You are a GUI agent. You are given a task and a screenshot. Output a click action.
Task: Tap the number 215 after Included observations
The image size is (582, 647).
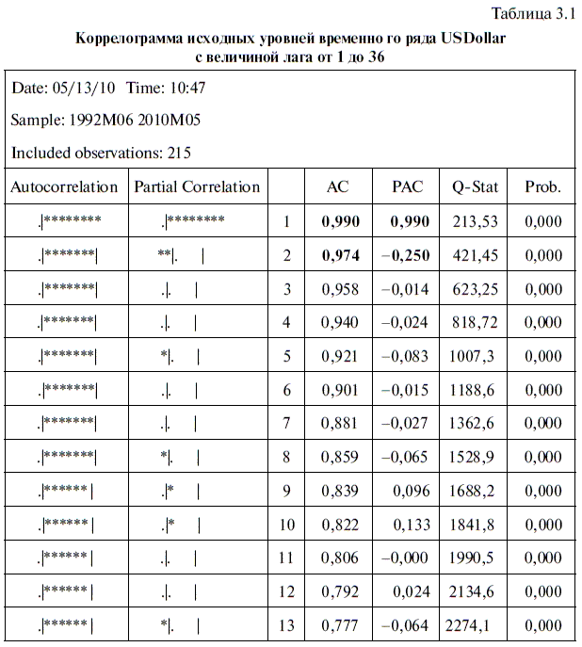(x=179, y=152)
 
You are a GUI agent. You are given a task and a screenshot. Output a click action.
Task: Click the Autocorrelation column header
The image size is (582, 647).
(x=64, y=186)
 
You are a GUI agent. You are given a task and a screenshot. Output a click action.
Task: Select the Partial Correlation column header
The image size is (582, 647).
(x=197, y=186)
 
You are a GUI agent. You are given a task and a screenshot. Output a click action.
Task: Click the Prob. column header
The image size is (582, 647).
(x=542, y=186)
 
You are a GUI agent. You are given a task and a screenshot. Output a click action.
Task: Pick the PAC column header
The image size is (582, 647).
(x=408, y=186)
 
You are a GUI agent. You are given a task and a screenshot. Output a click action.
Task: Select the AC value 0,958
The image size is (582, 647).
(x=340, y=289)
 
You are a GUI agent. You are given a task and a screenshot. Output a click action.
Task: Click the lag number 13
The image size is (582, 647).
(x=287, y=625)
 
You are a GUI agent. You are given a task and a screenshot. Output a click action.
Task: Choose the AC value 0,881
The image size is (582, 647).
(x=340, y=423)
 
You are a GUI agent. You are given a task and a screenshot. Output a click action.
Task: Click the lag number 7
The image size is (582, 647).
(x=287, y=423)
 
